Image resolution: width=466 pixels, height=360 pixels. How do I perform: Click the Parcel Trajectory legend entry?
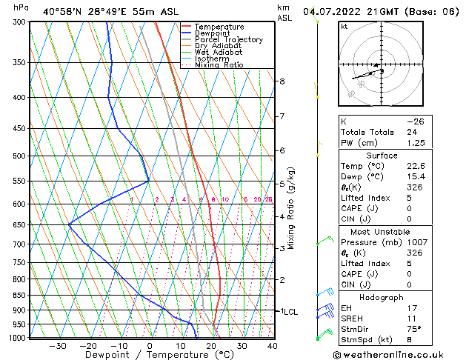point(228,39)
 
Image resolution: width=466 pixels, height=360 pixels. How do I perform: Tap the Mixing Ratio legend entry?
point(222,64)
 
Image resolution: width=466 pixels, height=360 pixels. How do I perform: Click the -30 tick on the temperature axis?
point(57,345)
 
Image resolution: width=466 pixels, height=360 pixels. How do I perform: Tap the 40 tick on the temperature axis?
point(273,345)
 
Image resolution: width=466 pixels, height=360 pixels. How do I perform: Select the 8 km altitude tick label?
point(282,81)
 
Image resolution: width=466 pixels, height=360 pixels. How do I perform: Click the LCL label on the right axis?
point(287,312)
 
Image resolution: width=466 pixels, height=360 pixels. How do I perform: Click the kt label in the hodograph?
point(344,27)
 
